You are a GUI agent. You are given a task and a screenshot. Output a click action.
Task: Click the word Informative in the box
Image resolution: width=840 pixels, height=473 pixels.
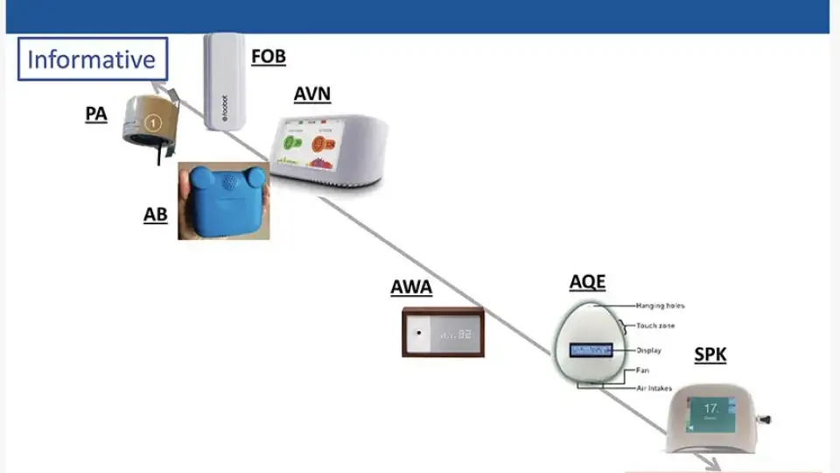[92, 60]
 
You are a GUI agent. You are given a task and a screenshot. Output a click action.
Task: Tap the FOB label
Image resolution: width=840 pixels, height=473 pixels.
[268, 58]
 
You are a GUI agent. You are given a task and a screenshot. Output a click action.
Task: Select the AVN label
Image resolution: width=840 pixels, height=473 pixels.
[312, 94]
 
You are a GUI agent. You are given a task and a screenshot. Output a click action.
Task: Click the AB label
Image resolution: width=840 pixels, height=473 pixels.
[155, 215]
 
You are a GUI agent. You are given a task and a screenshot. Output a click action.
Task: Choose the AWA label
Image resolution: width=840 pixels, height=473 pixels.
[411, 288]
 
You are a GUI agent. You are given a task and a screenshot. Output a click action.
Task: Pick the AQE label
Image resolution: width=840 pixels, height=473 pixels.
[587, 282]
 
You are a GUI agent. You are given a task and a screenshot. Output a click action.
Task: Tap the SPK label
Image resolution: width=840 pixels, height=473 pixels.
[710, 355]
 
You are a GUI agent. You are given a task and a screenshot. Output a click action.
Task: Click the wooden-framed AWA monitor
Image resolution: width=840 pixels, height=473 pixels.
[443, 334]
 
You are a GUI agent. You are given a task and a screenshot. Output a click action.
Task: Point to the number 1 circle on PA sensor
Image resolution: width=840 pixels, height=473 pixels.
[152, 124]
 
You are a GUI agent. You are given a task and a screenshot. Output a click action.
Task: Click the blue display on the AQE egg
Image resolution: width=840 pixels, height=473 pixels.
[591, 350]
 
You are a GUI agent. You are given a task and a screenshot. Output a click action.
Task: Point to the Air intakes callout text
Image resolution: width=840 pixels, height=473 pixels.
[654, 387]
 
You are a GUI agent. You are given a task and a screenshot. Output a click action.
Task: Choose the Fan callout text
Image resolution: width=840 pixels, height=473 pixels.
[642, 371]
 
